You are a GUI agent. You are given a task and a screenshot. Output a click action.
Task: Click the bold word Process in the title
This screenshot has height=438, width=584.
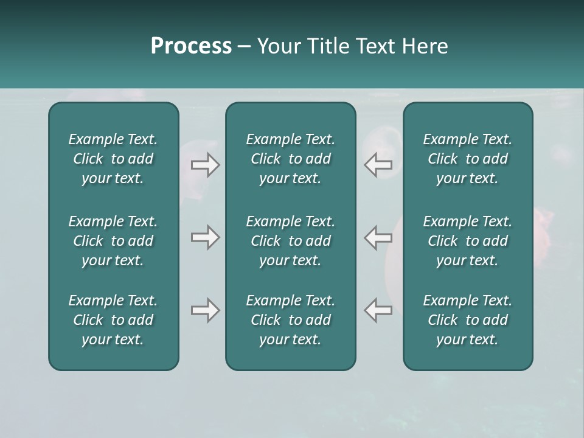point(191,46)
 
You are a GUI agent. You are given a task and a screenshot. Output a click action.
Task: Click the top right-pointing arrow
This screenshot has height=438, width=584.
point(205,165)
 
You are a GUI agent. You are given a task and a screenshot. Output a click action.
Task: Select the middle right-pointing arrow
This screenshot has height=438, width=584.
point(205,237)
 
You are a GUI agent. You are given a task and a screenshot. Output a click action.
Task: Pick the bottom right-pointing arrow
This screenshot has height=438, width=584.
point(205,310)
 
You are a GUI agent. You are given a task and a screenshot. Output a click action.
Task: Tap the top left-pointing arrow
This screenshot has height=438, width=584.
point(378,165)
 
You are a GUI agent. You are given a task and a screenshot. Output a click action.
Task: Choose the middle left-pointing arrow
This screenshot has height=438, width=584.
point(378,237)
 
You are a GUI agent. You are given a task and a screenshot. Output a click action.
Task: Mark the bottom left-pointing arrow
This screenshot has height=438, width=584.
point(378,310)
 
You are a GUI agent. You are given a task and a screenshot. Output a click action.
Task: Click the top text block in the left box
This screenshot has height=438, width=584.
point(113,159)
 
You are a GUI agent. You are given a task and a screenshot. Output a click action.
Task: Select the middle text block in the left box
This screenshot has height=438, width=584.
point(113,241)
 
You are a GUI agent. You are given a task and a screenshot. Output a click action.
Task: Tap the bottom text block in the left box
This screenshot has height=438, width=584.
point(113,320)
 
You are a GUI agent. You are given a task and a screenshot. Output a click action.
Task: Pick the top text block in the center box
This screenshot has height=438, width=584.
point(291,159)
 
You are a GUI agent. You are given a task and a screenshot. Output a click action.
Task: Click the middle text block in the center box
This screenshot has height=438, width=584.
point(291,241)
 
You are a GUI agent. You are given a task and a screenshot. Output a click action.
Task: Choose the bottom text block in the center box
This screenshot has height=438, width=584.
point(291,320)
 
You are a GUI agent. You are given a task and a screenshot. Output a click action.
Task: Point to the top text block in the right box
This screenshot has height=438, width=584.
point(468,159)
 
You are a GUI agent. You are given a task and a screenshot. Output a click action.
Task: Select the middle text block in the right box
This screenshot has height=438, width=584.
point(468,241)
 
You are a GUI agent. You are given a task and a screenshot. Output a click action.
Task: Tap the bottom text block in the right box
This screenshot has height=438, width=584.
point(468,320)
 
